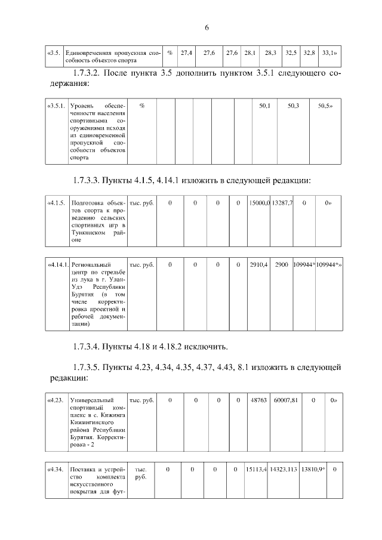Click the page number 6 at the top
(x=206, y=28)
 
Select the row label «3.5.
(x=54, y=53)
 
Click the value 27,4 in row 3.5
(x=186, y=53)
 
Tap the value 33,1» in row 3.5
(x=329, y=53)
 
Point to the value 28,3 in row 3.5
(x=270, y=53)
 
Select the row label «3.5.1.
(x=57, y=106)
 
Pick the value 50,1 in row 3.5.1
(x=264, y=106)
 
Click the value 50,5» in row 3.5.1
(x=325, y=106)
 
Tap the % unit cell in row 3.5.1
(x=141, y=106)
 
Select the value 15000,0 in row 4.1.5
(x=259, y=203)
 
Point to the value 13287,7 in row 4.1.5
(x=282, y=203)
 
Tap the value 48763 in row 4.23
(x=259, y=400)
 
